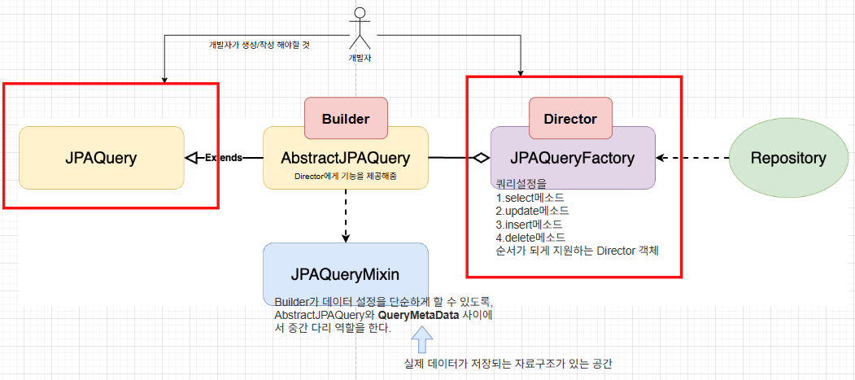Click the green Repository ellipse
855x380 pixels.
pyautogui.click(x=787, y=158)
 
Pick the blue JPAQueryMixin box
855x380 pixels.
pyautogui.click(x=346, y=273)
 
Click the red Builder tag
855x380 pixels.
pyautogui.click(x=346, y=118)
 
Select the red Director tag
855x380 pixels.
pyautogui.click(x=570, y=119)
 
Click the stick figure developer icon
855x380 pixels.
pyautogui.click(x=359, y=28)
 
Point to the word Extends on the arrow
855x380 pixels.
pyautogui.click(x=224, y=157)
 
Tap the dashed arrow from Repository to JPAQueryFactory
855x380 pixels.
pyautogui.click(x=691, y=158)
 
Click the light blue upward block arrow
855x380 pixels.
pyautogui.click(x=421, y=338)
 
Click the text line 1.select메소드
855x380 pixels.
pyautogui.click(x=530, y=198)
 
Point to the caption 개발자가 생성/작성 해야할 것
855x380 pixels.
pyautogui.click(x=260, y=45)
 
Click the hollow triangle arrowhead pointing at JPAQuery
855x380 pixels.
pyautogui.click(x=193, y=157)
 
